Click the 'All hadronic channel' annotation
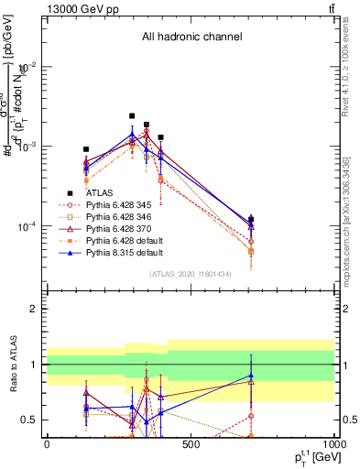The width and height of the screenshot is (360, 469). point(191,38)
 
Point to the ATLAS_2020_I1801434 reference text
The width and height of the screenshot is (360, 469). point(191,274)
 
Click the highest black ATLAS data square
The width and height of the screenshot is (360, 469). point(132,116)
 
